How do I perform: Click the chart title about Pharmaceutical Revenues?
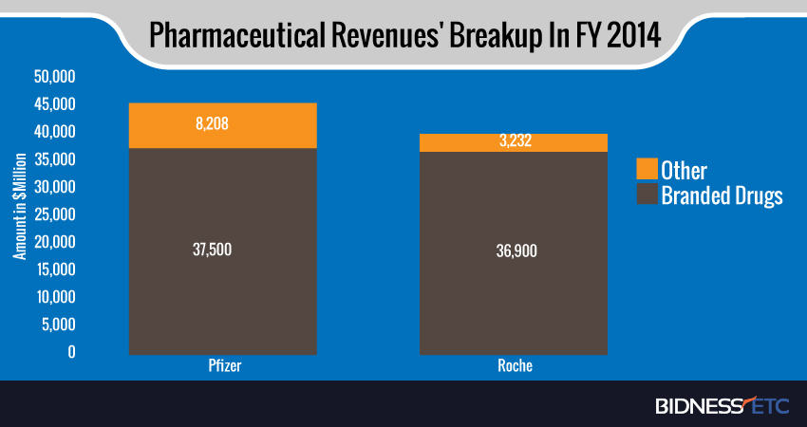403,36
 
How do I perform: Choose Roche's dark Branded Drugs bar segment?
514,285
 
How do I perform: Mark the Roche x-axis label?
514,365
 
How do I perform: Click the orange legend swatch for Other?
646,171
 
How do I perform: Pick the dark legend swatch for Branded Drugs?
646,196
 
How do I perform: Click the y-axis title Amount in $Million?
18,214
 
